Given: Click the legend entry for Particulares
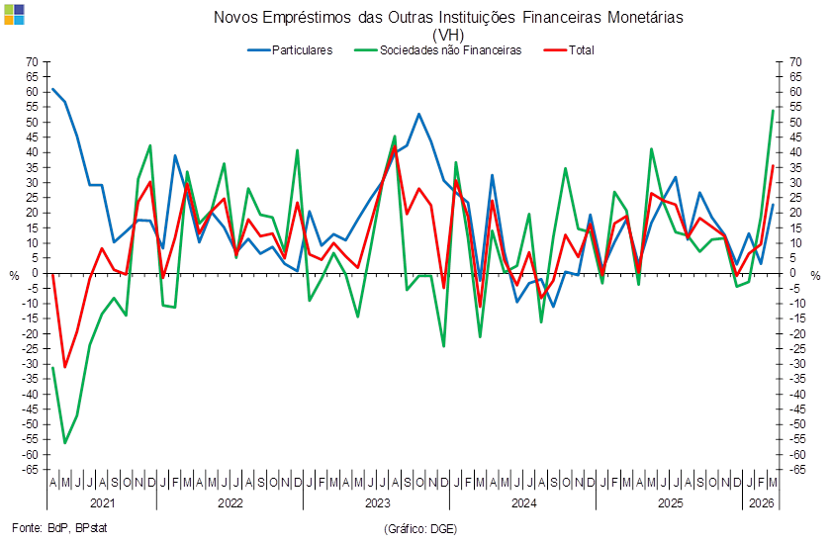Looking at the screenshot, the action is pos(290,50).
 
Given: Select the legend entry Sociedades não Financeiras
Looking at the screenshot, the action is pos(438,50).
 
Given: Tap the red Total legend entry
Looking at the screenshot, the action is pos(569,50).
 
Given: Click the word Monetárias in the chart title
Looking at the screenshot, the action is pos(645,18).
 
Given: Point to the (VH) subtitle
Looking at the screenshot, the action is pos(448,35).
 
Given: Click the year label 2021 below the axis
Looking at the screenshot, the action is pos(102,502).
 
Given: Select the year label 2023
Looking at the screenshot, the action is pos(377,502).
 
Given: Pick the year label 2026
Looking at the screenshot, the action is pos(761,502).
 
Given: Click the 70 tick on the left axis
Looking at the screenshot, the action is pos(33,62).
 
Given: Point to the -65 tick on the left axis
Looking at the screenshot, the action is pos(30,470).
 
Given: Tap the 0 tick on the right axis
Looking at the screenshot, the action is pos(791,273).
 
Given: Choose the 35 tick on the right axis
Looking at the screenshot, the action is pos(795,168).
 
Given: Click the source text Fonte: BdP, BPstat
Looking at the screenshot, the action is pos(59,528).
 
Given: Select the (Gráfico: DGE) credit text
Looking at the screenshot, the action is pos(420,528).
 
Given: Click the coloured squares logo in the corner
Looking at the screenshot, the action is pos(14,14).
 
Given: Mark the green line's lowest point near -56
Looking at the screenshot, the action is pos(65,443).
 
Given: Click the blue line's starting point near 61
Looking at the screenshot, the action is pos(52,89).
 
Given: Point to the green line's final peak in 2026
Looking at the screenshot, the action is pos(773,110).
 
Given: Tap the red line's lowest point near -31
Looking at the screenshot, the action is pos(65,367).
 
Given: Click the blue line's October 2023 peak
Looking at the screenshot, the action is pos(418,114).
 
